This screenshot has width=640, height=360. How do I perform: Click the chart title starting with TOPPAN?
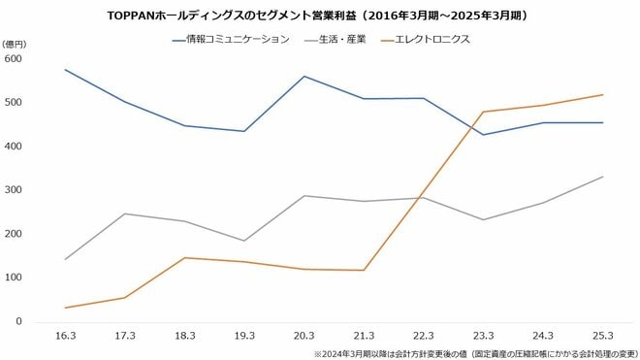(x=319, y=16)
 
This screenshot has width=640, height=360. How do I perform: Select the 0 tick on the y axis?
(x=17, y=321)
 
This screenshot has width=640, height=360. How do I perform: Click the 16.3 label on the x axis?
(x=64, y=335)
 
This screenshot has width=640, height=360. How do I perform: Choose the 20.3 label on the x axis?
(x=304, y=335)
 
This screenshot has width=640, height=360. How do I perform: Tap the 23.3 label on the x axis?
(x=483, y=335)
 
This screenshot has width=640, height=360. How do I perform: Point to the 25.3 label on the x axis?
(x=602, y=335)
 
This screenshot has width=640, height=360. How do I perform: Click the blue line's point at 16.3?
(x=64, y=70)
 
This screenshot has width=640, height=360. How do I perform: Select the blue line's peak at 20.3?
(x=304, y=77)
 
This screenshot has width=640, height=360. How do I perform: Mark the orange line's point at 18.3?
(x=184, y=258)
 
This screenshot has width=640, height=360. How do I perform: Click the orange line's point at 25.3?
(x=602, y=95)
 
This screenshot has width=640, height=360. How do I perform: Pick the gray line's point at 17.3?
(x=124, y=213)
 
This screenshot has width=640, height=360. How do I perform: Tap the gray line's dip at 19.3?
(x=243, y=241)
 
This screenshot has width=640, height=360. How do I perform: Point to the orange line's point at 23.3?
(x=483, y=112)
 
